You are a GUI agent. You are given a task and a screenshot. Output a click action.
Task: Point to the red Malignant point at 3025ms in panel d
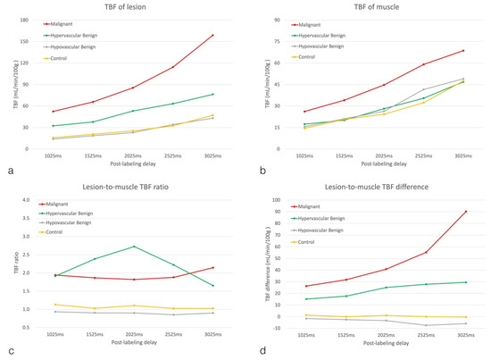463,212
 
